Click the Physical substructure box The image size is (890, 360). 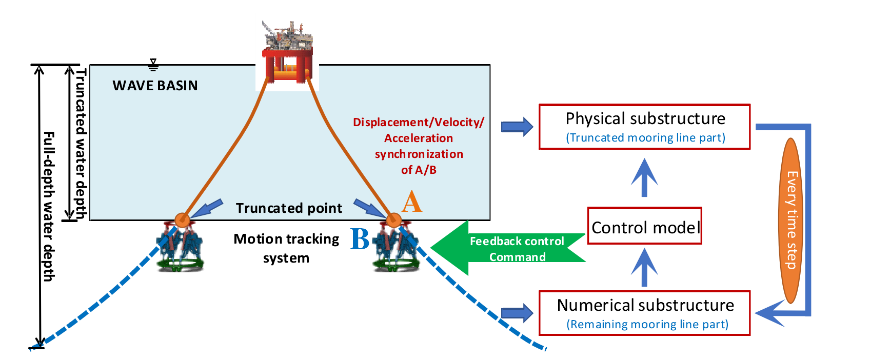pyautogui.click(x=644, y=127)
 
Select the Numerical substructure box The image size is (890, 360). pyautogui.click(x=644, y=313)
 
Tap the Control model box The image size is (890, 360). pyautogui.click(x=644, y=226)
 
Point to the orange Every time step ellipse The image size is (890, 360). pyautogui.click(x=792, y=221)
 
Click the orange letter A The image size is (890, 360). pyautogui.click(x=411, y=202)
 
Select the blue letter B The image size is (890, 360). pyautogui.click(x=360, y=239)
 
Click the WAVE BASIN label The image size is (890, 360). pyautogui.click(x=155, y=86)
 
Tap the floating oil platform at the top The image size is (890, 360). pyautogui.click(x=287, y=54)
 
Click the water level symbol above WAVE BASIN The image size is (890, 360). pyautogui.click(x=153, y=65)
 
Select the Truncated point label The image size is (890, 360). pyautogui.click(x=289, y=208)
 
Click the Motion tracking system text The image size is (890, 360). pyautogui.click(x=286, y=248)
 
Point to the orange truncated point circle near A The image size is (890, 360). pyautogui.click(x=393, y=221)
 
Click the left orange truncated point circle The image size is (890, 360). pyautogui.click(x=182, y=220)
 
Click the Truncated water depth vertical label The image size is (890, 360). pyautogui.click(x=81, y=144)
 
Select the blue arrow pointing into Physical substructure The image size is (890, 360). pyautogui.click(x=517, y=126)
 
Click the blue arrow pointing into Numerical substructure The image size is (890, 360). pyautogui.click(x=517, y=313)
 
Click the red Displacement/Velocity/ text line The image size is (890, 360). pyautogui.click(x=418, y=123)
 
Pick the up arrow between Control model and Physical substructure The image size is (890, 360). pyautogui.click(x=644, y=177)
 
